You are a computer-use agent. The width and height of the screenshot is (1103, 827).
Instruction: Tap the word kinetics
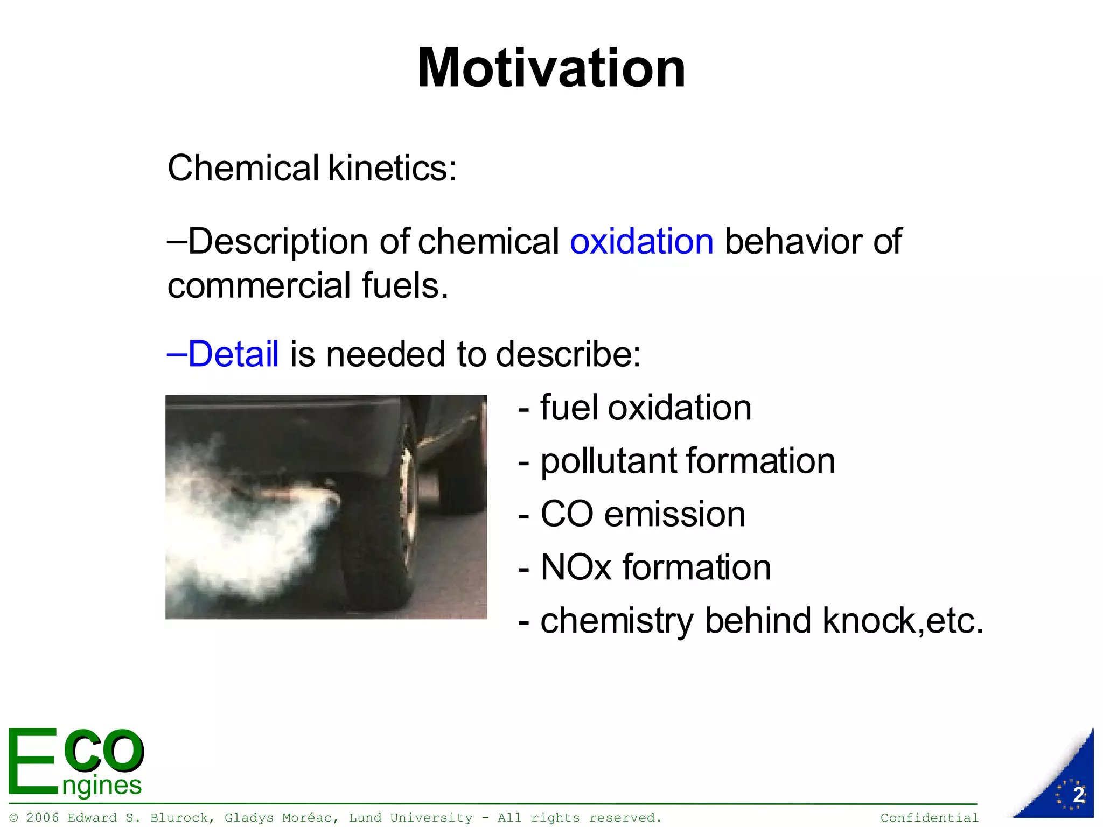tap(392, 168)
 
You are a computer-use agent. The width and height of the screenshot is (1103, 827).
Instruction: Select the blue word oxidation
tap(641, 241)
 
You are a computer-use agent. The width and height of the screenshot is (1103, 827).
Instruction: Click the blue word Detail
tap(233, 354)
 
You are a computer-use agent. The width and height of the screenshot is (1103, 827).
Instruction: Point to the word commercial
tap(259, 285)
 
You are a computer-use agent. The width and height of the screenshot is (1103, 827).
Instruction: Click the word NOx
tap(576, 567)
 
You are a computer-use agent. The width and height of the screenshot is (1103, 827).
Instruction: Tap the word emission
tap(675, 514)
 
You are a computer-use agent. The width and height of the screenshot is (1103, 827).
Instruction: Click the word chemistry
tap(617, 621)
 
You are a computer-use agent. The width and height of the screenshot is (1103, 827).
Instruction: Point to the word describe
tap(568, 354)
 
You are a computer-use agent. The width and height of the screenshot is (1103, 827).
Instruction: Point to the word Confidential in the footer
tap(930, 818)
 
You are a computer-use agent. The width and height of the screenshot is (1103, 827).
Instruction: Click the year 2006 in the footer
tap(43, 818)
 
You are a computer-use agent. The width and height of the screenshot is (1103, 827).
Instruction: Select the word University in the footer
tap(431, 818)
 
